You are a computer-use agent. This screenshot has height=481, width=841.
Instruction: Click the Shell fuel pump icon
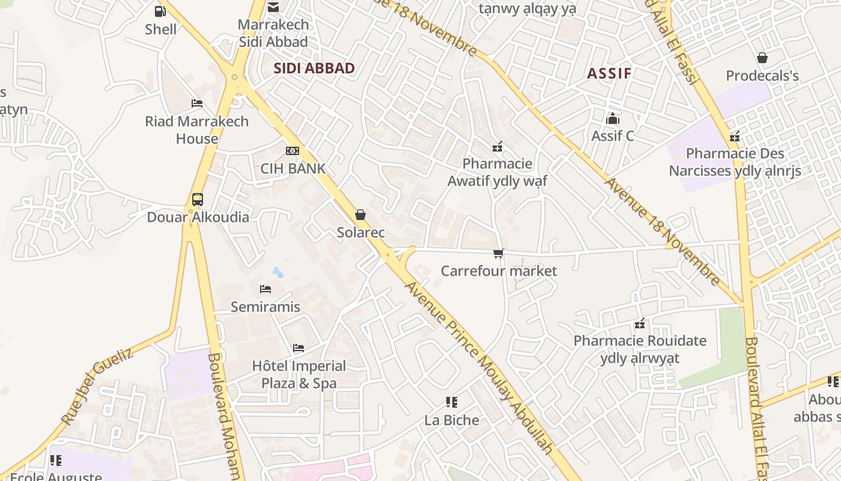tap(160, 11)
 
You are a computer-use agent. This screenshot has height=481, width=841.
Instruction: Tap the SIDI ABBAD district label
tap(314, 69)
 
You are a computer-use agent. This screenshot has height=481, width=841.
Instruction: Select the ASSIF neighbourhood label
tap(609, 74)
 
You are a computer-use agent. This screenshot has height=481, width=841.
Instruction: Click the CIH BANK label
tap(293, 169)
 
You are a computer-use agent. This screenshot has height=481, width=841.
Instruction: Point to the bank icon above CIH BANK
tap(293, 151)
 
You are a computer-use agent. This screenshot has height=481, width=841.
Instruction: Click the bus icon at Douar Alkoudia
tap(197, 200)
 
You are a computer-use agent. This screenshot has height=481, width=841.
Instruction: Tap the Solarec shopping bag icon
tap(360, 215)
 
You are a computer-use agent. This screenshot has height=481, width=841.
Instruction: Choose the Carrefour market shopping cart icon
tap(498, 254)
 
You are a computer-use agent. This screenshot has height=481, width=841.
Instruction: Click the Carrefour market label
tap(499, 271)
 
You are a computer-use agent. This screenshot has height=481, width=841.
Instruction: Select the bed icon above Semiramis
tap(266, 289)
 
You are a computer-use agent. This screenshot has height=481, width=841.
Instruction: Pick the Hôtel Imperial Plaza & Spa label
tap(299, 375)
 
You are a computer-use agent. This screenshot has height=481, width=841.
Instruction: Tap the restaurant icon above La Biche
tap(452, 402)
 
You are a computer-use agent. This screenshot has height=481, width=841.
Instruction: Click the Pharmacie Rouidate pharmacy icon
tap(640, 324)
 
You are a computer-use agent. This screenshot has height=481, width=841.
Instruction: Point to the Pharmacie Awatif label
tap(497, 172)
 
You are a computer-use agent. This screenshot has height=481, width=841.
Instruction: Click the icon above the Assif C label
tap(613, 118)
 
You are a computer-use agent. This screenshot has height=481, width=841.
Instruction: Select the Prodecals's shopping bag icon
tap(762, 58)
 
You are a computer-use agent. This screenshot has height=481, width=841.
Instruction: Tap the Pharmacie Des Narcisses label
tap(735, 162)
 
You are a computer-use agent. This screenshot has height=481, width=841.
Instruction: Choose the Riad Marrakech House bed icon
tap(196, 103)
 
